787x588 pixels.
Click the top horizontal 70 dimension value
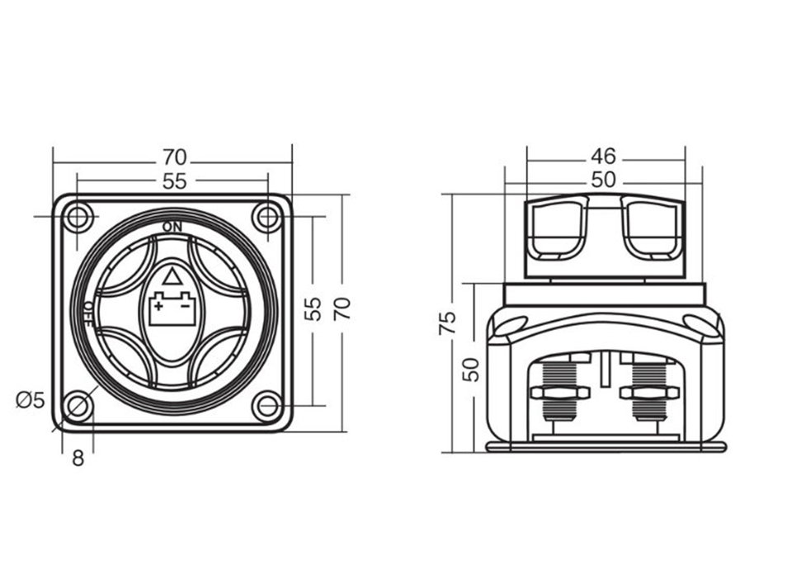[x=174, y=158]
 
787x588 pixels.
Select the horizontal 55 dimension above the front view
[x=174, y=181]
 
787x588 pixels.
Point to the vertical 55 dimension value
[x=312, y=309]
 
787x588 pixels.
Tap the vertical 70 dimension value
[x=342, y=309]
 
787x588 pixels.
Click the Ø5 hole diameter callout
[x=31, y=400]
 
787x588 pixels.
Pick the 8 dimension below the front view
[x=78, y=458]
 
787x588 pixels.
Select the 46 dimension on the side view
[x=603, y=157]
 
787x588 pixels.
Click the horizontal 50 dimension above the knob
[x=603, y=180]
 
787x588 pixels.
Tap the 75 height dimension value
[x=446, y=323]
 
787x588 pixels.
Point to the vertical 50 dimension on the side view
[x=471, y=369]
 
